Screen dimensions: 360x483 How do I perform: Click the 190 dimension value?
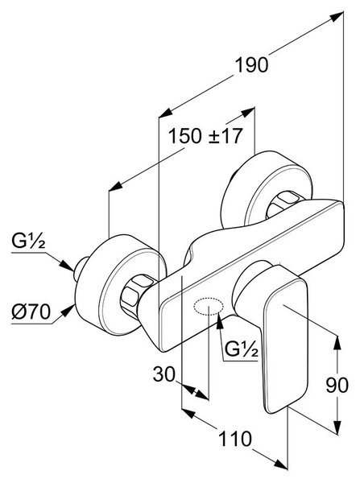click(251, 65)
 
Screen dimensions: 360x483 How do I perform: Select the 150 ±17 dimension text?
click(205, 136)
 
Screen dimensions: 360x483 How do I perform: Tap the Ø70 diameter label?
click(31, 312)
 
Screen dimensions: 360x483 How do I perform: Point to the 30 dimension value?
click(163, 374)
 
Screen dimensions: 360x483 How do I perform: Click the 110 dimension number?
click(235, 439)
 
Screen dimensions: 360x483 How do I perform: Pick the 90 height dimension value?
click(337, 385)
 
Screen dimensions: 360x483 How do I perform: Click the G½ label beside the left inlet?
click(28, 241)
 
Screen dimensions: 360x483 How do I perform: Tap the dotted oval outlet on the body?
click(209, 306)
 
